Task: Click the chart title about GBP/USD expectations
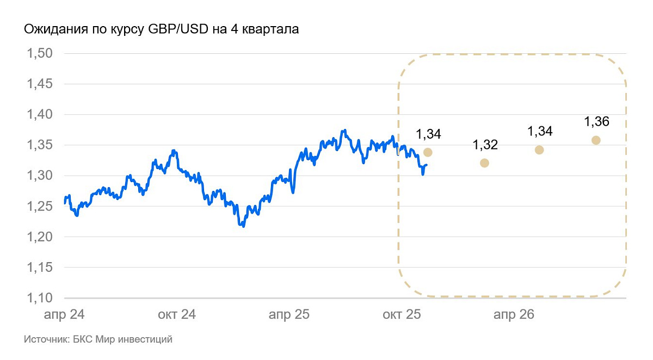point(161,29)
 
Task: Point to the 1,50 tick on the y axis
point(39,54)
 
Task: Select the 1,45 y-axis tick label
point(39,84)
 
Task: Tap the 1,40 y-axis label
point(39,115)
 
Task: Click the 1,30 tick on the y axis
point(39,176)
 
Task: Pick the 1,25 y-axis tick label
point(39,207)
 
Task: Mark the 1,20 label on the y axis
point(39,237)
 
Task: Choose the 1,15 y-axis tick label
point(39,268)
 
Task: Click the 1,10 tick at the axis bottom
point(39,298)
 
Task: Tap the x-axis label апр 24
point(65,315)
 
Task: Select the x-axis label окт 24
point(177,315)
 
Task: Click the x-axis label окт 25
point(401,315)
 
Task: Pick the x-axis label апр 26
point(513,315)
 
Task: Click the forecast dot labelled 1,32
point(484,163)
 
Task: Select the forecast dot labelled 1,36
point(596,140)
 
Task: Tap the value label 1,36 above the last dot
point(596,122)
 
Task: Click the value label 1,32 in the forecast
point(485,145)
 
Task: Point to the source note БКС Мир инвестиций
point(98,340)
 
